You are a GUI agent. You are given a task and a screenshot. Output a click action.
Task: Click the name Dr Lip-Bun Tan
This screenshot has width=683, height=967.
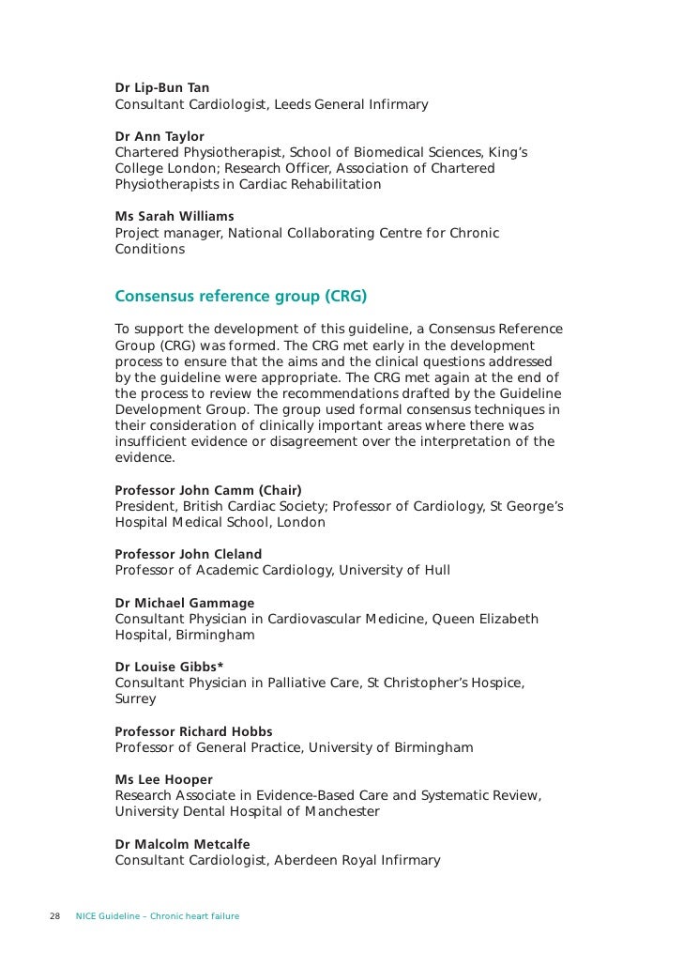[x=162, y=88]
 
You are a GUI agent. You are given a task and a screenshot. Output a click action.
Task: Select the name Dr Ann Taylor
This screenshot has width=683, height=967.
[x=159, y=137]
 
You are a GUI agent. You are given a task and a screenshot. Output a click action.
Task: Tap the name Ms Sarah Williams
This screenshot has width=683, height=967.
[x=175, y=217]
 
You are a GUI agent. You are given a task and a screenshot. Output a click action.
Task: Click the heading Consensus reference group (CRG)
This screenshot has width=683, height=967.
[x=240, y=298]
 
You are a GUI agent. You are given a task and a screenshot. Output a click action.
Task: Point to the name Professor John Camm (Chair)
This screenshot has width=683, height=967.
[x=207, y=490]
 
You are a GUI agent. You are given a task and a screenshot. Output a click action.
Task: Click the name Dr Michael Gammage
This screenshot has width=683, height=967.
[x=184, y=603]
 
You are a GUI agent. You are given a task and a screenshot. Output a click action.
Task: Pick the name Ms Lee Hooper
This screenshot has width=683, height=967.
[x=163, y=780]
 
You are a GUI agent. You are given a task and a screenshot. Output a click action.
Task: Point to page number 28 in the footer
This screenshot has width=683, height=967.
[x=54, y=915]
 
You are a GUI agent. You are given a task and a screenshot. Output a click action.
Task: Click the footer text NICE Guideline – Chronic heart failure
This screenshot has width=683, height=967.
[x=157, y=915]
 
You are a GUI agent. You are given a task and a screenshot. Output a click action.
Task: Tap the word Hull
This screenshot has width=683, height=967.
[x=434, y=570]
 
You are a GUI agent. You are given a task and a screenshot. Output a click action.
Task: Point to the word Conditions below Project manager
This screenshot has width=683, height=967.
[x=149, y=250]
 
